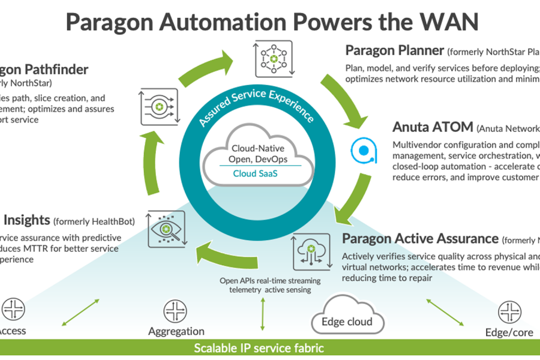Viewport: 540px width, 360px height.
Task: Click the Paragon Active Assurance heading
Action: point(420,238)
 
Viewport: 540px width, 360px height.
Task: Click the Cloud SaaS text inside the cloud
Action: point(259,173)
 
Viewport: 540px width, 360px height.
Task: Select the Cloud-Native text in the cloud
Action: point(259,148)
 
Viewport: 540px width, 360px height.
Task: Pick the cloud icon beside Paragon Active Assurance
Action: point(311,251)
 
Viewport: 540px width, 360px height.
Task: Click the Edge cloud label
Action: point(347,322)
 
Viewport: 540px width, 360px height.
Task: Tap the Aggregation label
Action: point(176,331)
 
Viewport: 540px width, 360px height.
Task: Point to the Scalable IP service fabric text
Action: point(259,348)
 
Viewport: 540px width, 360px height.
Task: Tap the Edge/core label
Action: point(508,332)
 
